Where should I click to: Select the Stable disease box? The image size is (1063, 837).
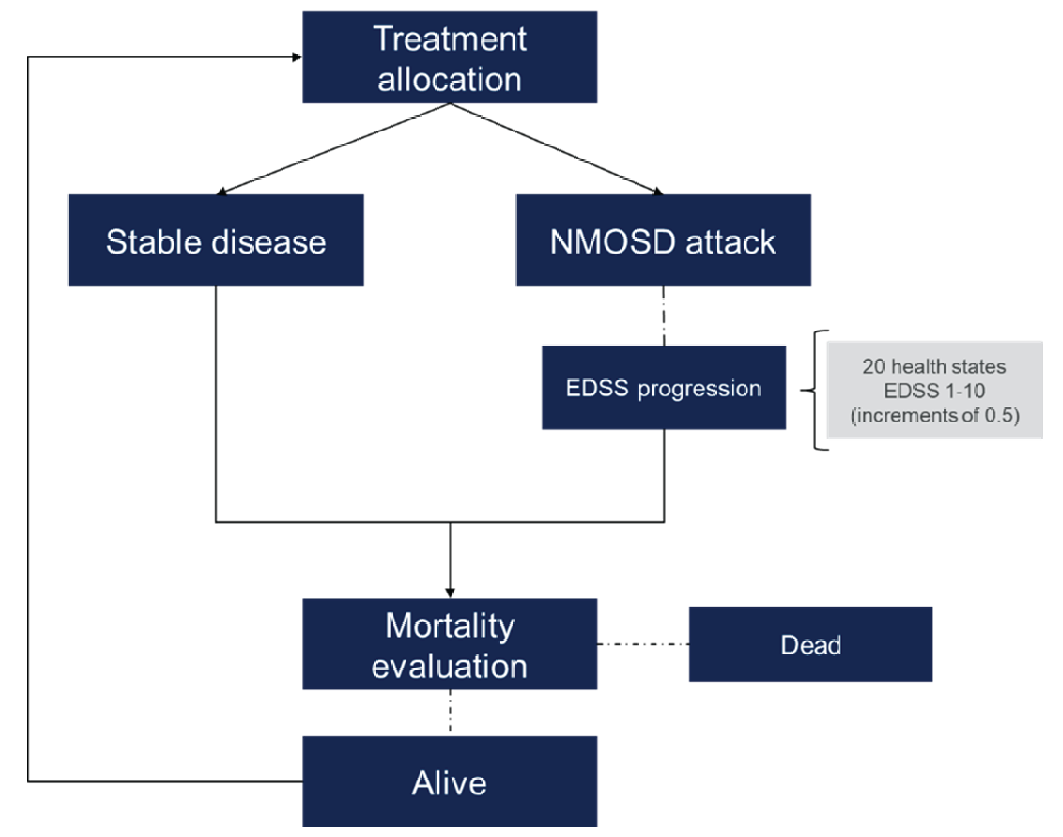[x=216, y=240]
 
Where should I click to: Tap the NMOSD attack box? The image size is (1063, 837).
[x=663, y=240]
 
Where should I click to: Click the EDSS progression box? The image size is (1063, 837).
[x=663, y=388]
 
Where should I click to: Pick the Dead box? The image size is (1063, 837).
[x=810, y=644]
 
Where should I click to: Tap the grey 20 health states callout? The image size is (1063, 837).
[x=934, y=390]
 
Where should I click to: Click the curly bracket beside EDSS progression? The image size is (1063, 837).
[x=815, y=390]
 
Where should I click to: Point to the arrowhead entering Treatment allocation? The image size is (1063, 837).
[x=296, y=57]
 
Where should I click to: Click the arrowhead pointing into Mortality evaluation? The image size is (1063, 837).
[x=450, y=593]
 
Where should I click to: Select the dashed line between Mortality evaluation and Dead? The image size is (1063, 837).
[x=643, y=644]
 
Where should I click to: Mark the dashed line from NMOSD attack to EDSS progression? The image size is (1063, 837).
[x=663, y=316]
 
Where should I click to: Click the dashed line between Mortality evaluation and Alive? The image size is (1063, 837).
[x=450, y=712]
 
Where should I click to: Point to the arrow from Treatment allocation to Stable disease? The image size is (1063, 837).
[x=333, y=148]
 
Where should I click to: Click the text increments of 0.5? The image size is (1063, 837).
[x=934, y=415]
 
